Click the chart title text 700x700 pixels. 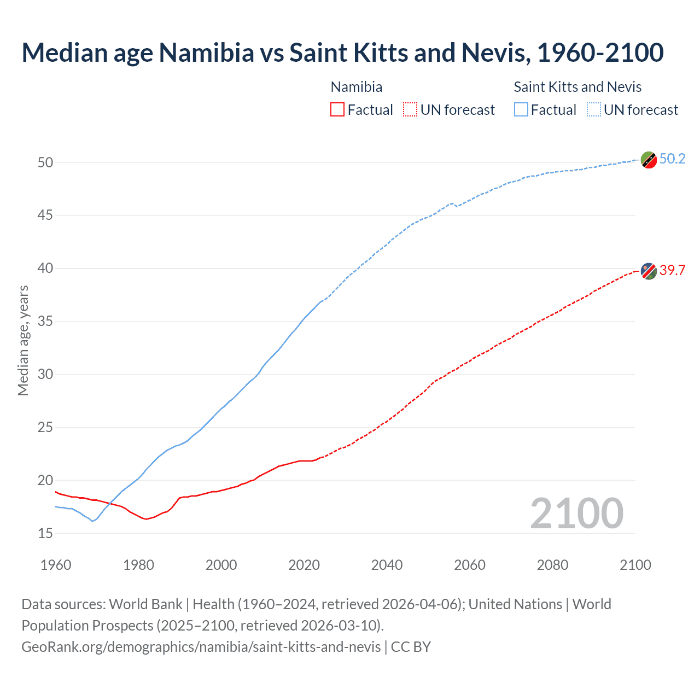(x=342, y=52)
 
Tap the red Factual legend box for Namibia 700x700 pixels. (x=337, y=110)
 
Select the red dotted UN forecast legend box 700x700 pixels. (x=410, y=110)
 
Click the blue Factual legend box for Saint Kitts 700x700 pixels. (x=521, y=110)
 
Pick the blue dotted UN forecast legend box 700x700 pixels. (x=594, y=110)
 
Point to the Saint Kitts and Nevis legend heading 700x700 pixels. (x=577, y=87)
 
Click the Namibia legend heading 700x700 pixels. (x=357, y=87)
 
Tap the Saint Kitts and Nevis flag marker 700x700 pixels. (x=649, y=160)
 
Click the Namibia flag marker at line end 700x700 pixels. (x=649, y=271)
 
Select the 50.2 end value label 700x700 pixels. (x=672, y=159)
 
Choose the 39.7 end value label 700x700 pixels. (x=672, y=270)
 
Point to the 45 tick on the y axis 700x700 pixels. (x=45, y=215)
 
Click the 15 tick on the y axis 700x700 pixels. (x=45, y=533)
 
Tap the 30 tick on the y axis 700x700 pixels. (x=45, y=375)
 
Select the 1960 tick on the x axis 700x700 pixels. (x=56, y=565)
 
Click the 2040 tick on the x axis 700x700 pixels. (x=387, y=565)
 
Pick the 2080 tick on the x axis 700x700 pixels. (x=552, y=565)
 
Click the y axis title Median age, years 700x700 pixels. (x=23, y=340)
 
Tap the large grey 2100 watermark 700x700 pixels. (x=576, y=514)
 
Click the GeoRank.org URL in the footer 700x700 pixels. (x=201, y=646)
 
